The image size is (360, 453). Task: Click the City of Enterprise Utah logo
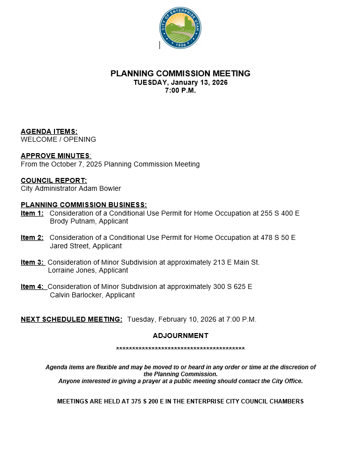(x=180, y=28)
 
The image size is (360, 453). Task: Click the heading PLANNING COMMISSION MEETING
(x=180, y=74)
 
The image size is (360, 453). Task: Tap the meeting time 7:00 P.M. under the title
(x=180, y=91)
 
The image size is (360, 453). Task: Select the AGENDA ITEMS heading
(x=49, y=131)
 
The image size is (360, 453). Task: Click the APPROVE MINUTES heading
(x=55, y=156)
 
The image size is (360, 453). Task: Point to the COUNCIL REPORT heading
(x=53, y=180)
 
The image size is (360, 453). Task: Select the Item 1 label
(x=32, y=213)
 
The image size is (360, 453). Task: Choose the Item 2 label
(x=32, y=237)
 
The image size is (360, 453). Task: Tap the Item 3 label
(x=32, y=262)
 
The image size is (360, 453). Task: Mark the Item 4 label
(x=32, y=286)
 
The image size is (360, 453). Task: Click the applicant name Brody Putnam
(x=71, y=221)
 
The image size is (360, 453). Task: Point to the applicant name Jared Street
(x=70, y=246)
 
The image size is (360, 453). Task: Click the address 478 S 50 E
(x=278, y=237)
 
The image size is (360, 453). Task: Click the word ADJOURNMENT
(x=180, y=336)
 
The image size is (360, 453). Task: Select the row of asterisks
(x=180, y=349)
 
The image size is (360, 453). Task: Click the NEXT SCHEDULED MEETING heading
(x=71, y=319)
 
